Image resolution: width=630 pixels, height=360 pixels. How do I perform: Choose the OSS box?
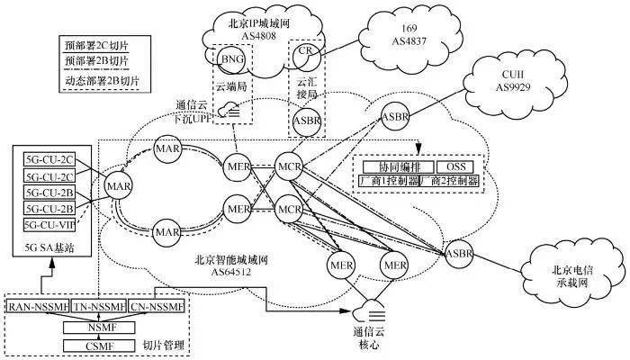tap(454, 167)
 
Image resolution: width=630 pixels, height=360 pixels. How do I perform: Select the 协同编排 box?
tap(395, 167)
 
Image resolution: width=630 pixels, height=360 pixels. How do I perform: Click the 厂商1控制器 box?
tap(388, 181)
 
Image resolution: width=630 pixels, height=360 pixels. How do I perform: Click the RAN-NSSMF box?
tap(38, 308)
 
